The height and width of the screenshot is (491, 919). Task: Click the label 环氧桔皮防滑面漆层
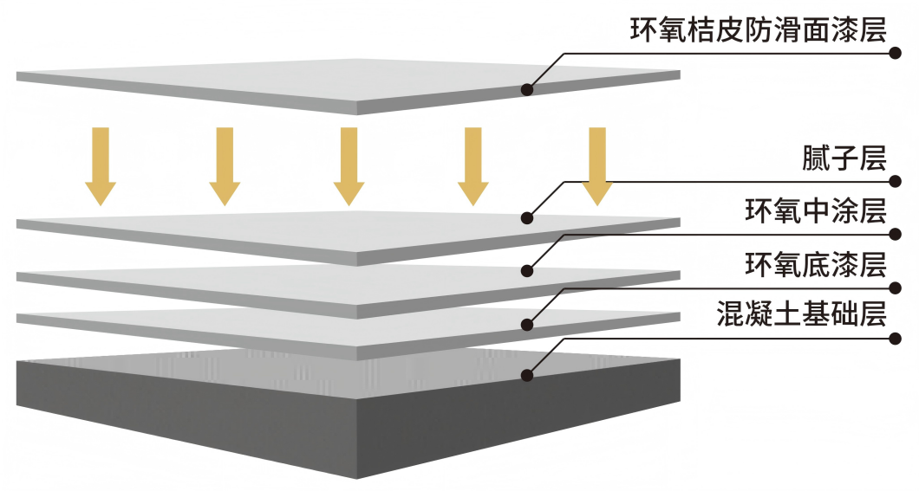[x=758, y=30]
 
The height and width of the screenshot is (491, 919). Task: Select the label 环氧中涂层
[x=815, y=211]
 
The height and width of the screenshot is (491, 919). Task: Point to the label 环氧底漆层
[x=815, y=263]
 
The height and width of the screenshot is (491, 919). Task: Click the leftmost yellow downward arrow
[x=101, y=165]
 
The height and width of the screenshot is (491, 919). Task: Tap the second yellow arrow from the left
[x=225, y=165]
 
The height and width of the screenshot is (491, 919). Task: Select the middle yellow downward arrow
[x=349, y=165]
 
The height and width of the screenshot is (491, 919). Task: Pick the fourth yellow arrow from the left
[x=473, y=165]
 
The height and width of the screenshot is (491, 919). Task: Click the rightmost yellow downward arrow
[x=596, y=165]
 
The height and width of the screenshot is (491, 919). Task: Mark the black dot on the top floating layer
[x=526, y=88]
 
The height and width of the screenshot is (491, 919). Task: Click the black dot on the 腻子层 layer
[x=526, y=218]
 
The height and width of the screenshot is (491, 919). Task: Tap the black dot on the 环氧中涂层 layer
[x=526, y=270]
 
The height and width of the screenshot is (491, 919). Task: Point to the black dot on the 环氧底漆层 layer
[x=526, y=324]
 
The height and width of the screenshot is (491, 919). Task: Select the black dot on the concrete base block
[x=526, y=375]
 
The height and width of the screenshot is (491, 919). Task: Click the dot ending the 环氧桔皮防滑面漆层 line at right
[x=896, y=53]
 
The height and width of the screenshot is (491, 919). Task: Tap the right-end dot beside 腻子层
[x=896, y=182]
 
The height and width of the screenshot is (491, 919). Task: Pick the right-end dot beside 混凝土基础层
[x=896, y=338]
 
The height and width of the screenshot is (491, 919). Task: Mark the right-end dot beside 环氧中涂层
[x=896, y=234]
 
